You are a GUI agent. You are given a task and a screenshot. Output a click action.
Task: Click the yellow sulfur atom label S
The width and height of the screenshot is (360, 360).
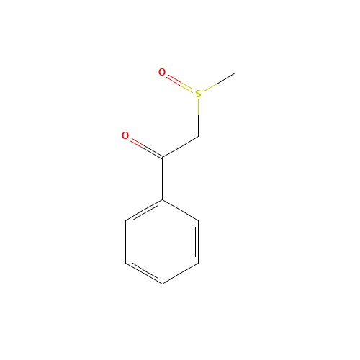(198, 94)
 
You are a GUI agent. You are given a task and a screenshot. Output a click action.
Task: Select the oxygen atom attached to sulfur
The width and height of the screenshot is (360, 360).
(162, 72)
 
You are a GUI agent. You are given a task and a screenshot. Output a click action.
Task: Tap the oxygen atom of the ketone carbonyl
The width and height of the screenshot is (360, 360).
(125, 135)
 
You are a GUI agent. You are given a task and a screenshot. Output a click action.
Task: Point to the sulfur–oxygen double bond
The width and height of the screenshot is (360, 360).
(180, 83)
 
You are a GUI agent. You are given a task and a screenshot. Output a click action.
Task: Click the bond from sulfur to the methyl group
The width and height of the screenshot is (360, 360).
(217, 83)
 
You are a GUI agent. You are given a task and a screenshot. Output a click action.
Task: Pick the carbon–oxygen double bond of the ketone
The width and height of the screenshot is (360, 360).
(144, 146)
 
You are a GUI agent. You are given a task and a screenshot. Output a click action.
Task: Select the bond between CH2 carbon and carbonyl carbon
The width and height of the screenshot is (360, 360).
(180, 146)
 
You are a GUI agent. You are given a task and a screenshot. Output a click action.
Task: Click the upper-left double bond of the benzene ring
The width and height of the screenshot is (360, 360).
(144, 210)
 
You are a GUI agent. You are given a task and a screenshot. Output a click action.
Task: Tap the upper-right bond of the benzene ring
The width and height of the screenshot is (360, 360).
(180, 210)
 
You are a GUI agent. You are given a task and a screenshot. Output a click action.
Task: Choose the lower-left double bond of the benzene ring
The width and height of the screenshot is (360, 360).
(144, 273)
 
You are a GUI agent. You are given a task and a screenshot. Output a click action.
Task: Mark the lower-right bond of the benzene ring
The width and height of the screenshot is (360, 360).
(180, 273)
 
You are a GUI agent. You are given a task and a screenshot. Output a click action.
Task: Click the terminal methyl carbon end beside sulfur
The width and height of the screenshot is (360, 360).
(235, 73)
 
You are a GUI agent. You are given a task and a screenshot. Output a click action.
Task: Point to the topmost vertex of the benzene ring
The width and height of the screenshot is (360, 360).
(162, 199)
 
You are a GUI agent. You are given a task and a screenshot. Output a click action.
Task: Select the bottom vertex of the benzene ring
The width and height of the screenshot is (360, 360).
(162, 284)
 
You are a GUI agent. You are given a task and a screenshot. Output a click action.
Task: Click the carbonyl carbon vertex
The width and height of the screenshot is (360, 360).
(162, 157)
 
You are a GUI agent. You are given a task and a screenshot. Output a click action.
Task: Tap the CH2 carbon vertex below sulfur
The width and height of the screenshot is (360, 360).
(198, 136)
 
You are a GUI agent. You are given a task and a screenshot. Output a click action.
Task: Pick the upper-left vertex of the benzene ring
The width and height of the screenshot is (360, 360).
(126, 220)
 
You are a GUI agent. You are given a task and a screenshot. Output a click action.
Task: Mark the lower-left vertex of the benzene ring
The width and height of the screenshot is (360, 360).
(126, 263)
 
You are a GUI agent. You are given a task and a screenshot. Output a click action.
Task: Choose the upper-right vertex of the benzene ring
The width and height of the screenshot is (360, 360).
(198, 220)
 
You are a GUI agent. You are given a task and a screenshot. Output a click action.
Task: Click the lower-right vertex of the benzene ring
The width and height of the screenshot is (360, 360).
(198, 263)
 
